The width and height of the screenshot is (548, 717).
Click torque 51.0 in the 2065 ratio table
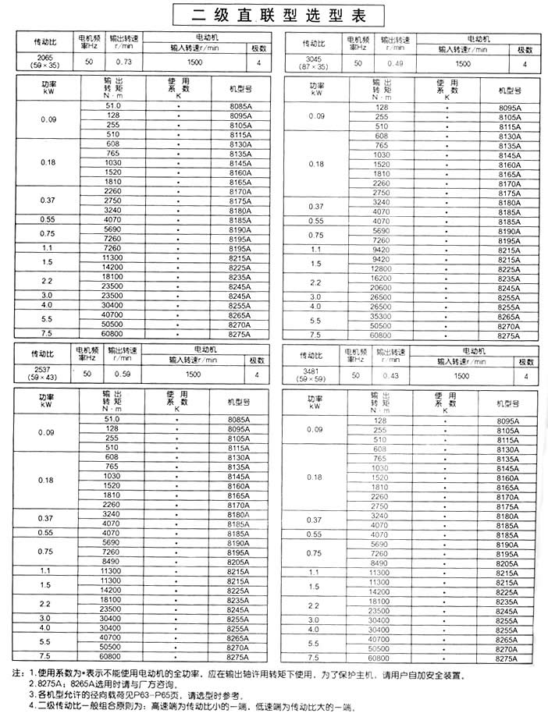click(x=113, y=105)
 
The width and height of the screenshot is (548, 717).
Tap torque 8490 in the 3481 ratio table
click(x=380, y=562)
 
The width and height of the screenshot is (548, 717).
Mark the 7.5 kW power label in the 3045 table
click(x=316, y=335)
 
